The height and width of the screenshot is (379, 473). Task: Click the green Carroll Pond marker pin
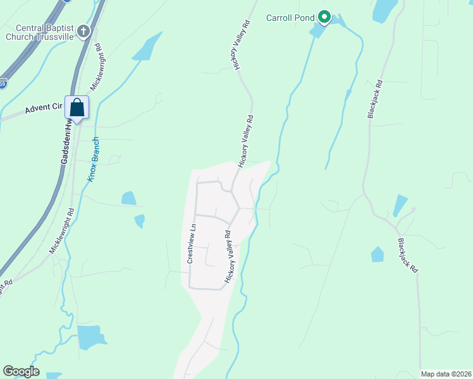(324, 17)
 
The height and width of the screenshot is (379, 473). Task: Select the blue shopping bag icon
(77, 107)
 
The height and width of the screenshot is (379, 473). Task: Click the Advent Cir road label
(45, 108)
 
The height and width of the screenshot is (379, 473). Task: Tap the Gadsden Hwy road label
(65, 145)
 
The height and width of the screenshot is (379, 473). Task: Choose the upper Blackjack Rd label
(375, 99)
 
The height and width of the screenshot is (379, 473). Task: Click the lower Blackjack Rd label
(408, 255)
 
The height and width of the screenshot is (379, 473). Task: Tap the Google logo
(21, 371)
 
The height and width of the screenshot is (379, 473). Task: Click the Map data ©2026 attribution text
(446, 374)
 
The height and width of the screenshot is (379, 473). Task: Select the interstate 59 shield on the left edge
(2, 83)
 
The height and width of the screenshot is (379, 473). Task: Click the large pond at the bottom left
(92, 337)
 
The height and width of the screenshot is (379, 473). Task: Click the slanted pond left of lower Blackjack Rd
(400, 206)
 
